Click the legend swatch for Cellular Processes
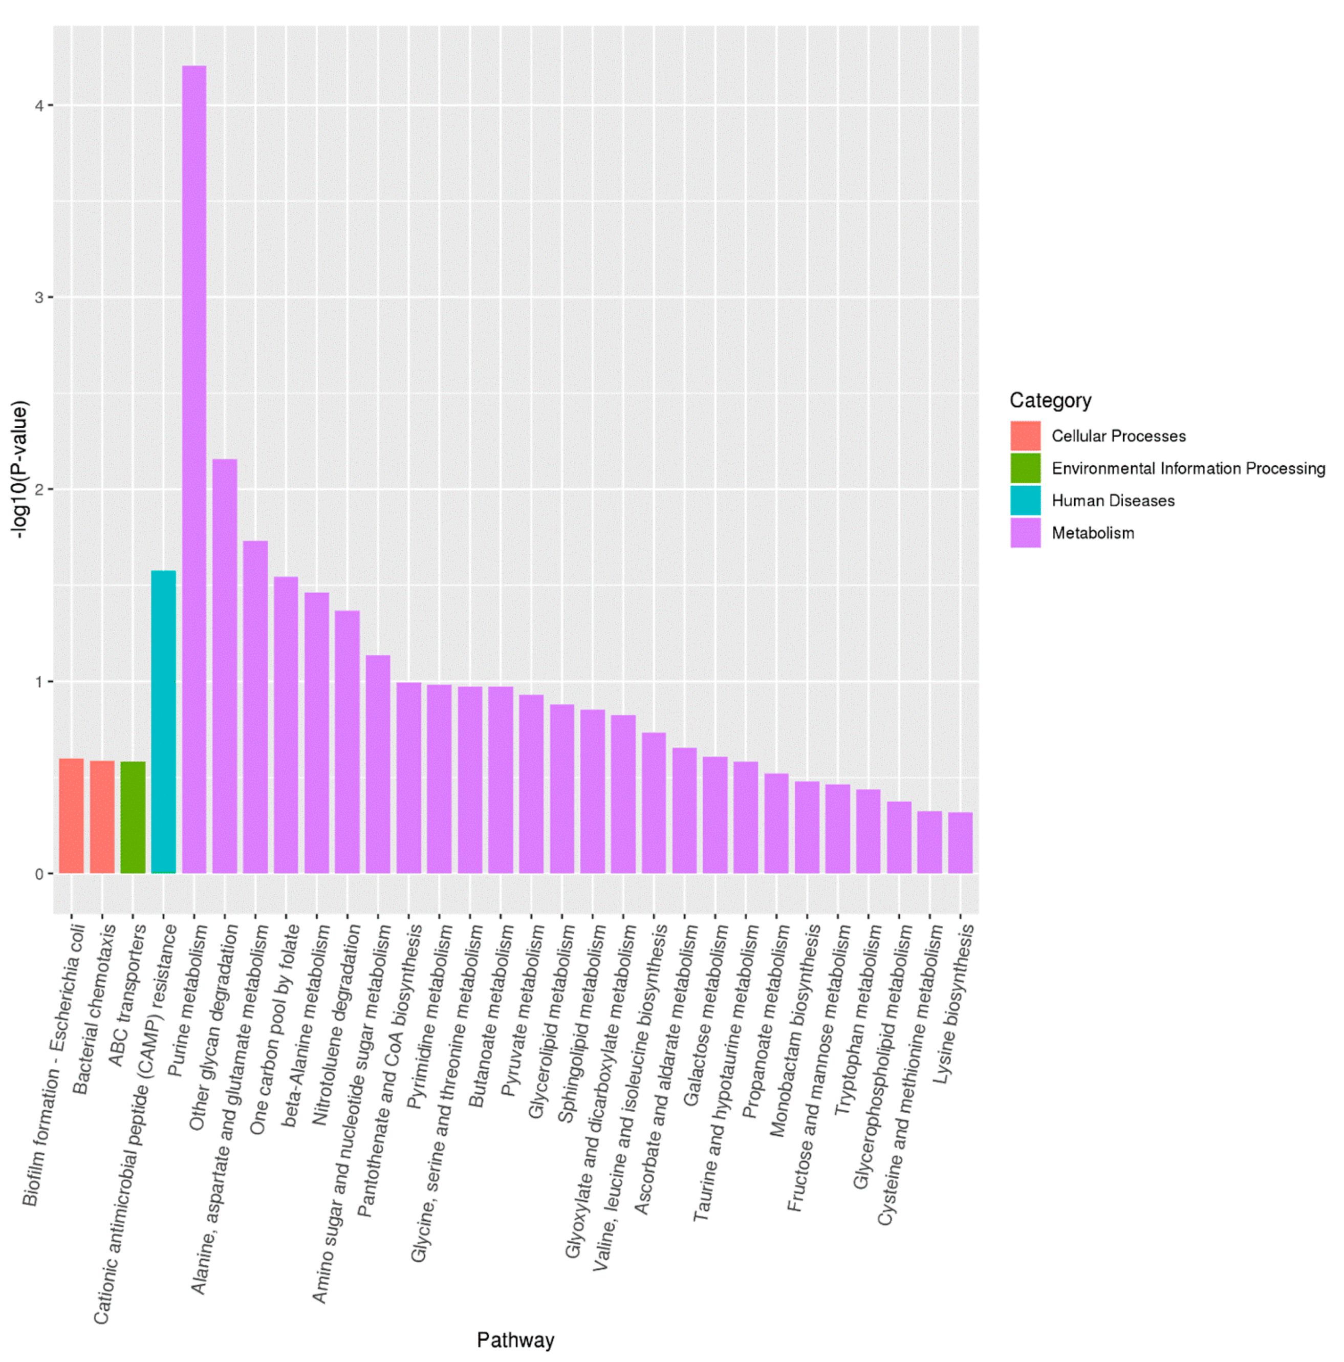pyautogui.click(x=1025, y=436)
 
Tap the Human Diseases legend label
pyautogui.click(x=1112, y=501)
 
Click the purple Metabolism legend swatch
pyautogui.click(x=1025, y=532)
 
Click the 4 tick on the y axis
pyautogui.click(x=39, y=106)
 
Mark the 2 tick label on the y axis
pyautogui.click(x=39, y=489)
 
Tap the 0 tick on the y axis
pyautogui.click(x=39, y=874)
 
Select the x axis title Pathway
pyautogui.click(x=515, y=1339)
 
